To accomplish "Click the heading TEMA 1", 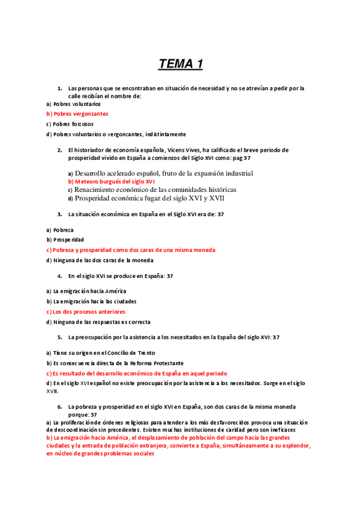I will pyautogui.click(x=181, y=64).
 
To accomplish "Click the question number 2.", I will pyautogui.click(x=59, y=150).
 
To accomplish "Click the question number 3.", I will pyautogui.click(x=59, y=214).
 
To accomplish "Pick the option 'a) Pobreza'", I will pyautogui.click(x=60, y=230).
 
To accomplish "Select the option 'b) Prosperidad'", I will pyautogui.click(x=65, y=240).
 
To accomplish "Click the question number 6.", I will pyautogui.click(x=59, y=407).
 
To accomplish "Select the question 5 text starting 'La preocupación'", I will pyautogui.click(x=174, y=337).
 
